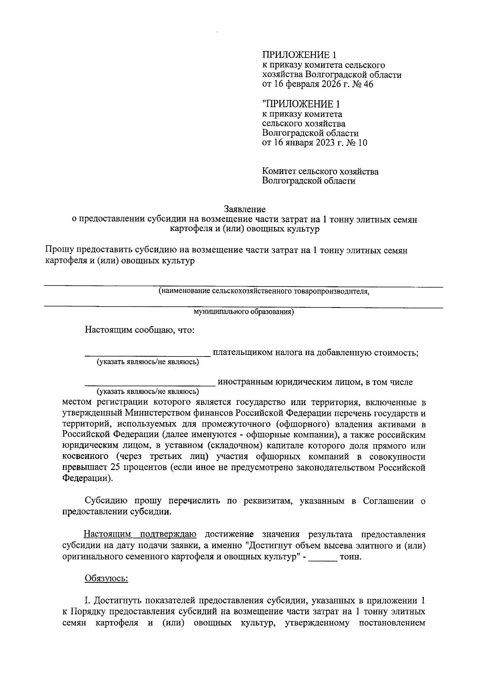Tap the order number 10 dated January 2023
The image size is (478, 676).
362,143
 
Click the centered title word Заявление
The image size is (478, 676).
245,209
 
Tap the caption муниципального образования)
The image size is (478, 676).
244,312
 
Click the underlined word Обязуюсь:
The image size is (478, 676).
106,578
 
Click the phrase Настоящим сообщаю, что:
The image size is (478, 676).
139,331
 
